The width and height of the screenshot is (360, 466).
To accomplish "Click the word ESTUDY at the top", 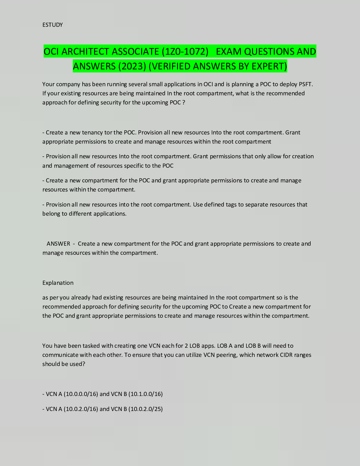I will [x=52, y=25].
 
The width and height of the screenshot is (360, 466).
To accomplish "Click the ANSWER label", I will [x=58, y=244].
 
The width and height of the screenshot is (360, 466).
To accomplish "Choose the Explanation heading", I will [x=58, y=283].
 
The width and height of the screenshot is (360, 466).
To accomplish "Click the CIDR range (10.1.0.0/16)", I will [x=146, y=394].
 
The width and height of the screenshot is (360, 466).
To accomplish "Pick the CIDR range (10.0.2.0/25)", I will [x=146, y=409].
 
